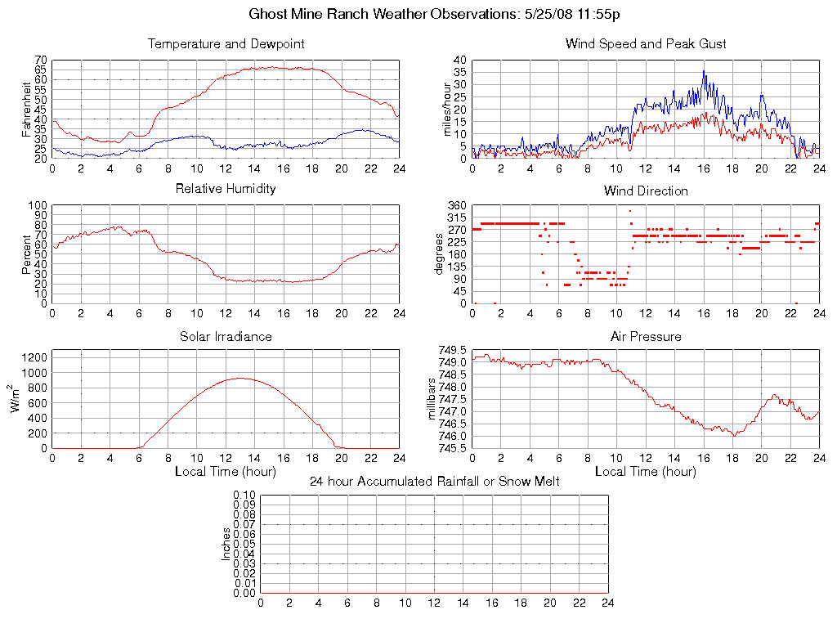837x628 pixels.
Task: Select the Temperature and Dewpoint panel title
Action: pyautogui.click(x=226, y=44)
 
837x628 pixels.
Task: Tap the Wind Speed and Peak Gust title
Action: pyautogui.click(x=646, y=44)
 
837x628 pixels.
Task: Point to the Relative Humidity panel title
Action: pyautogui.click(x=226, y=189)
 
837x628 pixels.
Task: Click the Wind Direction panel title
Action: pyautogui.click(x=646, y=191)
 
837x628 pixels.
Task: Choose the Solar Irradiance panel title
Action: pyautogui.click(x=226, y=336)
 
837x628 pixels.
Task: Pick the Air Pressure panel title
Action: pyautogui.click(x=646, y=336)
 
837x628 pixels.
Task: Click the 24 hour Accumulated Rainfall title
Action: pyautogui.click(x=434, y=482)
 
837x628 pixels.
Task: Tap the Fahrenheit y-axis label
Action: pyautogui.click(x=27, y=110)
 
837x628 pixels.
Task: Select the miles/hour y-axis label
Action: pyautogui.click(x=447, y=110)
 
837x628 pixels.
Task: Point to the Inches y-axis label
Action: pyautogui.click(x=226, y=544)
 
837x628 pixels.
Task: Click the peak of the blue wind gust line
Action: pyautogui.click(x=704, y=71)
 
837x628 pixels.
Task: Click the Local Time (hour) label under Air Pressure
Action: pyautogui.click(x=646, y=471)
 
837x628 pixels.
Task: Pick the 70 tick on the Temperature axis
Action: pyautogui.click(x=41, y=61)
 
